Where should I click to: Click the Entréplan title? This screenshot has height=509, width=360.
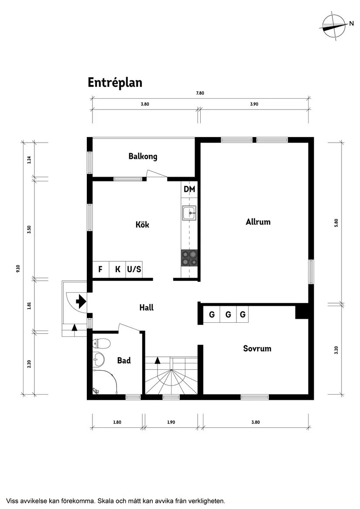point(115,82)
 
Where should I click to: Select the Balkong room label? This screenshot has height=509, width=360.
point(143,156)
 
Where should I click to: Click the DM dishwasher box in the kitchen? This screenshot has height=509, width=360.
point(189,189)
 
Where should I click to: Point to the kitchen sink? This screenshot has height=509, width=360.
point(189,213)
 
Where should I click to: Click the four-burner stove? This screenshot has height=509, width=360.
point(189,258)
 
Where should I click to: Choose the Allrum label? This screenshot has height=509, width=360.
point(258,222)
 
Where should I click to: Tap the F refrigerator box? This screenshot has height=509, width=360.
point(100,270)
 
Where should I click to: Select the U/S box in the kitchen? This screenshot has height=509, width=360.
point(134,270)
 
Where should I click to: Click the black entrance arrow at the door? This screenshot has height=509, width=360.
point(81,301)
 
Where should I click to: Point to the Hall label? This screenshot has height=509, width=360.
point(146,307)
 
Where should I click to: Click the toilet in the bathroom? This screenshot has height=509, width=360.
point(101,344)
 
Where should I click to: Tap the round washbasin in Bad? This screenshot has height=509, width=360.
point(99,360)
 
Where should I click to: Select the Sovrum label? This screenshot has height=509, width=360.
point(257,348)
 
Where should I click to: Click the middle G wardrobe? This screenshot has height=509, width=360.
point(228,314)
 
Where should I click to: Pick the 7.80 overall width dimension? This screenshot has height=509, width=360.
point(200,93)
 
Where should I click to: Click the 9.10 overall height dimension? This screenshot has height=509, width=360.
point(18,269)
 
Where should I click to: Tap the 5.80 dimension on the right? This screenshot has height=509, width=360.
point(336,222)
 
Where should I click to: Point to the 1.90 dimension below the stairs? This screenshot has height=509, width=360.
point(171,422)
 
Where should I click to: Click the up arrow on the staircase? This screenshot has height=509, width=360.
point(158,360)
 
